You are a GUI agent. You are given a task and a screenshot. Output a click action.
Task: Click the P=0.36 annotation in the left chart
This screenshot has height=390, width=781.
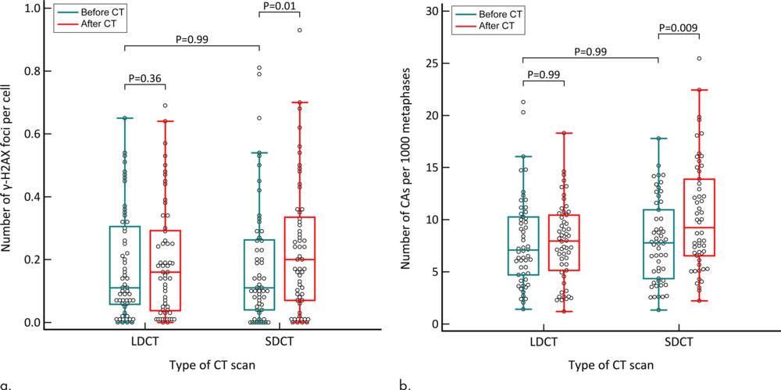click(144, 77)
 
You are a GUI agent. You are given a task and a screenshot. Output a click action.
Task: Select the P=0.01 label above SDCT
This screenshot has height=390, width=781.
click(280, 6)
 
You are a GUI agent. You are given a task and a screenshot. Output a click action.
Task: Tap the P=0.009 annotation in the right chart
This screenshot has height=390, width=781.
click(679, 27)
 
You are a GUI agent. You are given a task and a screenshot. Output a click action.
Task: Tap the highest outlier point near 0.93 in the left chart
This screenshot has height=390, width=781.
click(300, 30)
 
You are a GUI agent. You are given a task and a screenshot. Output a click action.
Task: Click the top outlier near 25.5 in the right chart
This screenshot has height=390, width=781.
click(699, 59)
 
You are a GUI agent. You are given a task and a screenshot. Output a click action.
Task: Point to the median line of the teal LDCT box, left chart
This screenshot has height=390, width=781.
click(124, 288)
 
